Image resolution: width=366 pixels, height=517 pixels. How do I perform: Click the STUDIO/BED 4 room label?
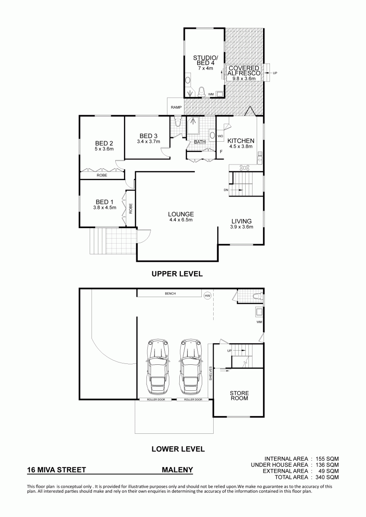point(204,60)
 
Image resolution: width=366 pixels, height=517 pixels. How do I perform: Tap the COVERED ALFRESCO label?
point(244,70)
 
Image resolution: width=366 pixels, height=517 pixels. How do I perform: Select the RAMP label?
point(176,107)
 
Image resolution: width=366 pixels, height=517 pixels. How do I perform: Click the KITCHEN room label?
point(241,141)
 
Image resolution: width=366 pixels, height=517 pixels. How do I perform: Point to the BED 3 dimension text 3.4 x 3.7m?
point(148,142)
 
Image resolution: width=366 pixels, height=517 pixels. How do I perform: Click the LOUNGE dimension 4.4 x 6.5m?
point(181,220)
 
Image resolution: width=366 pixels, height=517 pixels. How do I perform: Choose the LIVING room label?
point(241,221)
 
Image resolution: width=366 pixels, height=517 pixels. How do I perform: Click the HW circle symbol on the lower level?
point(207,296)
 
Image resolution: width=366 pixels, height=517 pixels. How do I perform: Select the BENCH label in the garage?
point(170,293)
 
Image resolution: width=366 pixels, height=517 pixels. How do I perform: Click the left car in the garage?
point(158,366)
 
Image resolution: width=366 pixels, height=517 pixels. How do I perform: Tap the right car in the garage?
point(191,366)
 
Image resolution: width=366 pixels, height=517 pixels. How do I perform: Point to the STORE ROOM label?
point(239,396)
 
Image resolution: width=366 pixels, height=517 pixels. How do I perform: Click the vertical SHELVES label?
point(210,373)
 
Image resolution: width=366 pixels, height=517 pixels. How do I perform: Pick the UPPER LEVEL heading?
point(177,274)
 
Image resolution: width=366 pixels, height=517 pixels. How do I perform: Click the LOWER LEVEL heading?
point(178,449)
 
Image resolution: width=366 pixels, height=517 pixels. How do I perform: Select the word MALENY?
point(177,470)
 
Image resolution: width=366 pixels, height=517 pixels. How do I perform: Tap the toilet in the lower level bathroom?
point(258,297)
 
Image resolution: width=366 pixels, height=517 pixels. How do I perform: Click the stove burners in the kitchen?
point(245,167)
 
